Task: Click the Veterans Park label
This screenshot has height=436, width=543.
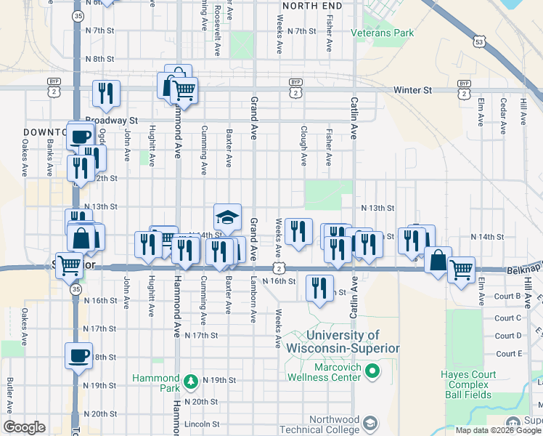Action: point(382,33)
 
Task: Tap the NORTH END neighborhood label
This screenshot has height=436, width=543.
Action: point(311,5)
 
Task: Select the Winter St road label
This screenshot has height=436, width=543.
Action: point(412,90)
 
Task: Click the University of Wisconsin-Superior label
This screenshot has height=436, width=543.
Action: point(352,342)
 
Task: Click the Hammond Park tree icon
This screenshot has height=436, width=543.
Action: point(190,380)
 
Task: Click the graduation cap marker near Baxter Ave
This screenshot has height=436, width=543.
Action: point(227,216)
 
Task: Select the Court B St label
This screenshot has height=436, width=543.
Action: point(508,296)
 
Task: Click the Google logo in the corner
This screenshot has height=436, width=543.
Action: point(24,427)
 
